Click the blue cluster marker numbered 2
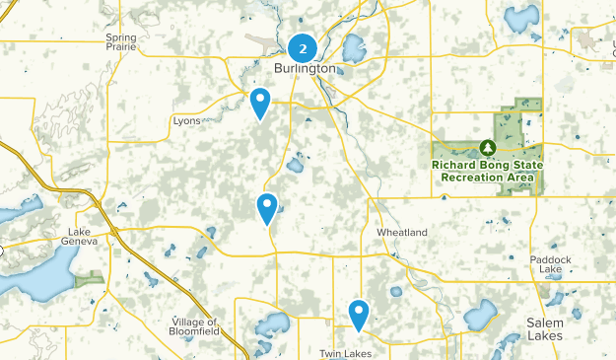coord(303,46)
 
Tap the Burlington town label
coord(305,69)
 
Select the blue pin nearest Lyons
coord(260,102)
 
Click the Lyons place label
coord(186,120)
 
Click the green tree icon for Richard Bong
coord(487,147)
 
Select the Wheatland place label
coord(402,232)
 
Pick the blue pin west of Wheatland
coord(267,208)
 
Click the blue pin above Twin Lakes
coord(359,315)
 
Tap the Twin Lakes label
coord(343,352)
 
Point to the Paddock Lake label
coord(551,264)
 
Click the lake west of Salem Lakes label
coord(480,316)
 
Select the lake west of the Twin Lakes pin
coord(272,323)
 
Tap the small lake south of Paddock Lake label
coord(555,296)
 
